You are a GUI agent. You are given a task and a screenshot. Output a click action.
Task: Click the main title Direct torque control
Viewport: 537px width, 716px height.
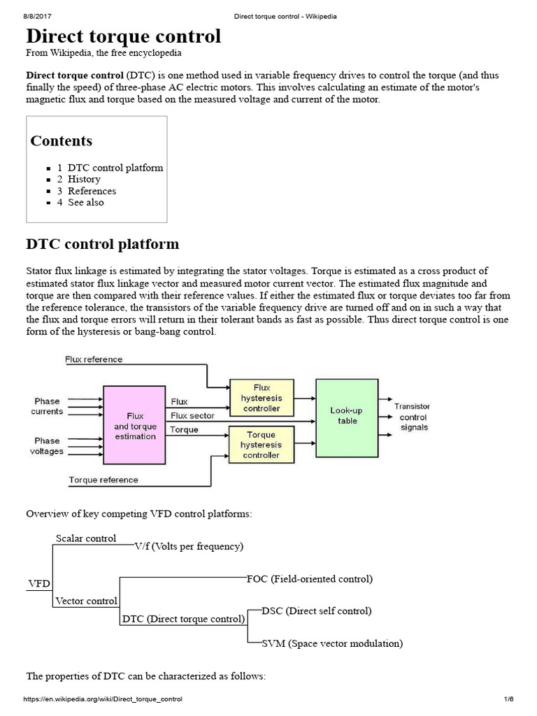[123, 36]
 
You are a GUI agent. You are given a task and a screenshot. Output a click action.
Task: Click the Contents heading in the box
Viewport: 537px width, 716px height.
[62, 141]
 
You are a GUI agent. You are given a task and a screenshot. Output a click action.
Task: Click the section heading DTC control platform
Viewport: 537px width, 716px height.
[102, 244]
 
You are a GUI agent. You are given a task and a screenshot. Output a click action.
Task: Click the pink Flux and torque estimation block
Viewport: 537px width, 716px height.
[135, 426]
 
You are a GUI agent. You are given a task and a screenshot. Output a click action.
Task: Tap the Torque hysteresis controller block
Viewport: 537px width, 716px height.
[260, 444]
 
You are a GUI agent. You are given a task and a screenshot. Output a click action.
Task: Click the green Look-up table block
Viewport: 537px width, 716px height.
[347, 416]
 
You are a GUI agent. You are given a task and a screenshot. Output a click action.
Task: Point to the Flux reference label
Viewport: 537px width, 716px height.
[94, 359]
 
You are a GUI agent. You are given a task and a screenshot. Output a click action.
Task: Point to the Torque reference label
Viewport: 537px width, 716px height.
[103, 480]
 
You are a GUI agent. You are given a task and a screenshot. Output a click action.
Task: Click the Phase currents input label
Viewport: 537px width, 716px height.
[47, 406]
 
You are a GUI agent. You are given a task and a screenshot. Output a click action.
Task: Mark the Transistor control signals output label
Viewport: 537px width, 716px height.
[412, 417]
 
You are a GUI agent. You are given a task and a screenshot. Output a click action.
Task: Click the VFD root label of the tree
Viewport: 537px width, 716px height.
[38, 582]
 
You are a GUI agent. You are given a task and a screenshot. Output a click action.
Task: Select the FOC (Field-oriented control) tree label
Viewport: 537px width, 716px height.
[310, 579]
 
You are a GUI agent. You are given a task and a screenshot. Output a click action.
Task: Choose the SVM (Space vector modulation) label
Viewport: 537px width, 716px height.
[332, 643]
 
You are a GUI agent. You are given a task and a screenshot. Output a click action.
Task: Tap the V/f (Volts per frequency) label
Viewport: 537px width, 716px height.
[189, 546]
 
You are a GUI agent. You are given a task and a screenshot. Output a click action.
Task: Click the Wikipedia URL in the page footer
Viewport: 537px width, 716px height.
[103, 699]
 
